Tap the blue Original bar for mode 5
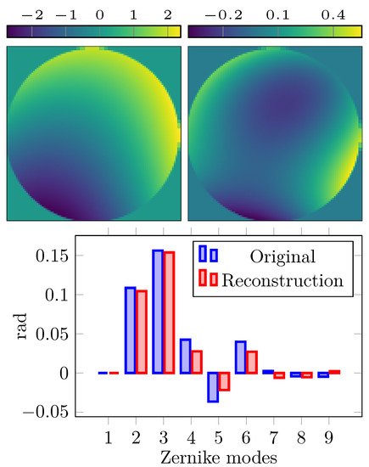(x=213, y=386)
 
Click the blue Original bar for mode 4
(x=185, y=357)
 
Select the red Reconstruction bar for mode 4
(x=197, y=362)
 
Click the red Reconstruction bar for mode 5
(x=224, y=381)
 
